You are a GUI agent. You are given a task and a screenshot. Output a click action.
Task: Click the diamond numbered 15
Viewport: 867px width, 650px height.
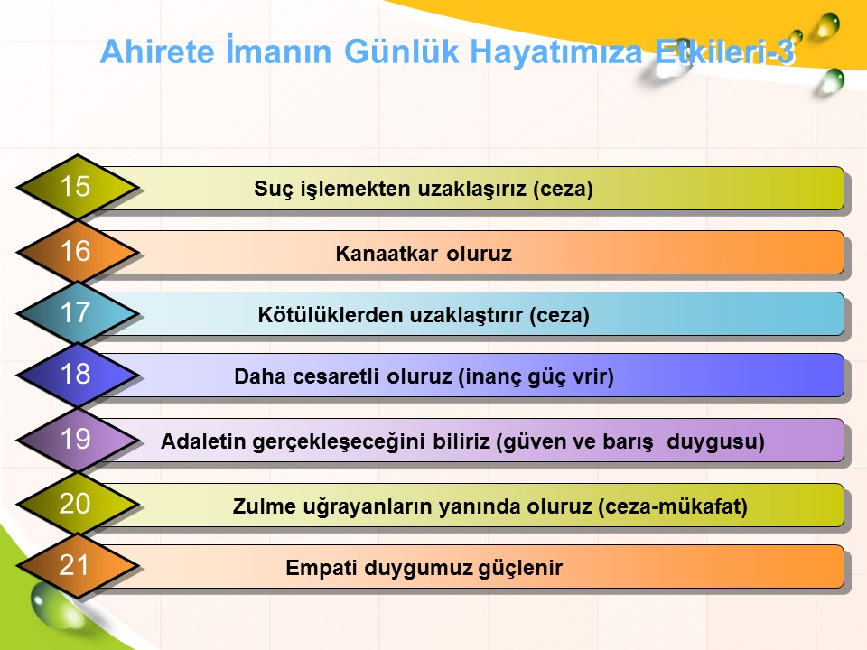click(x=78, y=188)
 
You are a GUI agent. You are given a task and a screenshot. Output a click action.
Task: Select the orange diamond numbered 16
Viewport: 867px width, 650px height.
click(x=78, y=252)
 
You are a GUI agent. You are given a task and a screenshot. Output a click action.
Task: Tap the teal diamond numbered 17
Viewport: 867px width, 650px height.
click(x=78, y=313)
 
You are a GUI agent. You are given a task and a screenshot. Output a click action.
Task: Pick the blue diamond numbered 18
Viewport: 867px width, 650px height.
click(x=78, y=375)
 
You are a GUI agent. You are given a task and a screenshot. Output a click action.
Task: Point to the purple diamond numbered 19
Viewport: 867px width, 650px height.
click(x=78, y=440)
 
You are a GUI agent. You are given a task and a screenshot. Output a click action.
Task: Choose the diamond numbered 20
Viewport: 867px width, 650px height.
click(x=78, y=505)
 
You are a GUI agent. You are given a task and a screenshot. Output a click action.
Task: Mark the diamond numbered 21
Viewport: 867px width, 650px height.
click(x=78, y=566)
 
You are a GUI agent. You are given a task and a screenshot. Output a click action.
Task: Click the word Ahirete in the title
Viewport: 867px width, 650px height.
click(x=157, y=51)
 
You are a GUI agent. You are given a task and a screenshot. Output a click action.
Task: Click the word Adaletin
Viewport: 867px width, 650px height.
click(x=203, y=441)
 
